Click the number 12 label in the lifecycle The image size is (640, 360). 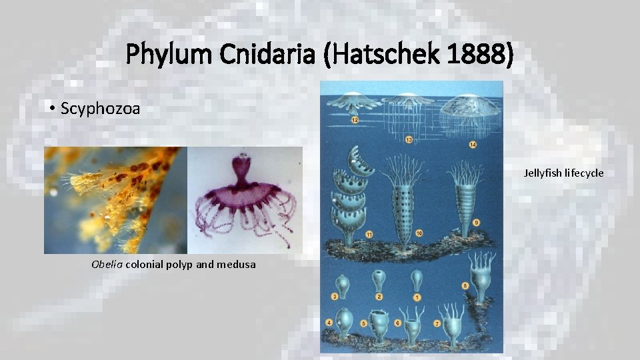coord(354,120)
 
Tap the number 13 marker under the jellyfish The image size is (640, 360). coord(409,139)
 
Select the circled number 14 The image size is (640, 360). coord(473,145)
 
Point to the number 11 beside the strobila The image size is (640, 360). coord(369,233)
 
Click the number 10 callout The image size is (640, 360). coord(419,233)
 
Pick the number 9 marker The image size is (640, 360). coord(475,222)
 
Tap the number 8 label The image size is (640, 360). coord(465,285)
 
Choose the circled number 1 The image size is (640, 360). coord(417,297)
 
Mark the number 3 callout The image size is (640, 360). coord(334,297)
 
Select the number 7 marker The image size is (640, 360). coord(438,323)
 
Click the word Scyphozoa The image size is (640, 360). coord(100,109)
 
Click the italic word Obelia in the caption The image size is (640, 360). coord(107,264)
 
